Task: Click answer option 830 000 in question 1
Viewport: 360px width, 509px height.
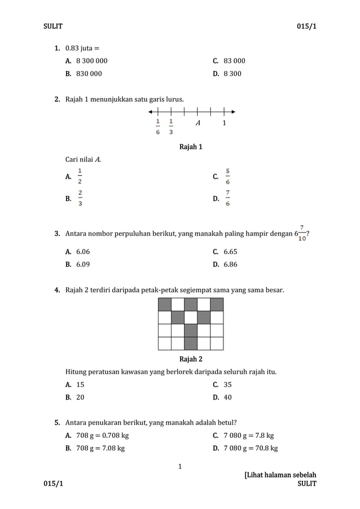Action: click(x=89, y=73)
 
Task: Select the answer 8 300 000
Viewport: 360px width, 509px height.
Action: click(x=91, y=60)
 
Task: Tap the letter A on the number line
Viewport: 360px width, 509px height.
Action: click(x=197, y=123)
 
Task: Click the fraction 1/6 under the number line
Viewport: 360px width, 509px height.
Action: click(x=158, y=126)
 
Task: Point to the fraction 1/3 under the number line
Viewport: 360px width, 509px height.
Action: click(x=171, y=126)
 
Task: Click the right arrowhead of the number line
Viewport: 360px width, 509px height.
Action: click(x=232, y=111)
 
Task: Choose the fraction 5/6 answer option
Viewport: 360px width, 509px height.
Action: click(x=227, y=177)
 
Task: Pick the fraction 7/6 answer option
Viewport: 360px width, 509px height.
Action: click(x=227, y=198)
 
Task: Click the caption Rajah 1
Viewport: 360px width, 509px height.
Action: click(x=191, y=147)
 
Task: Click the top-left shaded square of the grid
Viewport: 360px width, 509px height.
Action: click(x=165, y=305)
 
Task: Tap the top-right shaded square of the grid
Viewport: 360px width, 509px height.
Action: click(x=217, y=305)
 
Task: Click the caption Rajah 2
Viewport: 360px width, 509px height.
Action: click(x=191, y=359)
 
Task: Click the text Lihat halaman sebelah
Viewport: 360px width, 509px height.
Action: click(x=280, y=475)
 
